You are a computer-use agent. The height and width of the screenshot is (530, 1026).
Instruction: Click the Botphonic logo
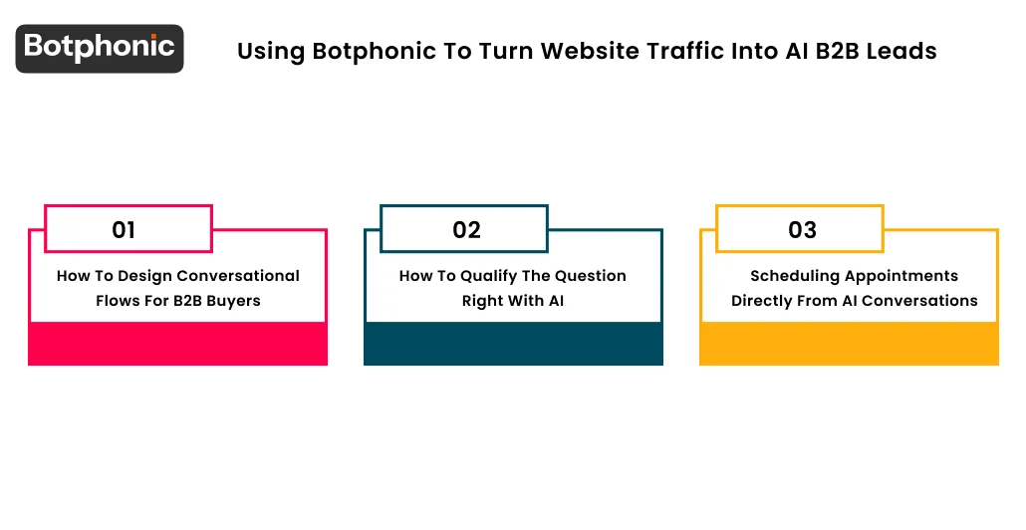click(100, 48)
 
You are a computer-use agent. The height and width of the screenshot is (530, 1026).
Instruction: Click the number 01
click(124, 230)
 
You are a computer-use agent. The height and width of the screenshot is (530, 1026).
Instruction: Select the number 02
click(466, 230)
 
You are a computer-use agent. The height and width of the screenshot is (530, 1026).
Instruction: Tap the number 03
click(802, 230)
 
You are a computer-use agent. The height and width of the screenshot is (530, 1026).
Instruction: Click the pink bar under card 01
click(177, 344)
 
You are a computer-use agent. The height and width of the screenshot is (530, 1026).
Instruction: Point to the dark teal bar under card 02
click(513, 344)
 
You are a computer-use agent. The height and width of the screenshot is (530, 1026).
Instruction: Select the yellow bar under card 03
click(849, 344)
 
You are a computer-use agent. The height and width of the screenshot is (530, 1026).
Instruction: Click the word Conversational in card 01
click(238, 276)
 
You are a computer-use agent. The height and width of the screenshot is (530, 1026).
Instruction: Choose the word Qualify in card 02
click(488, 276)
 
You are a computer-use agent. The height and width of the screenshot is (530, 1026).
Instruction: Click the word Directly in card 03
click(764, 301)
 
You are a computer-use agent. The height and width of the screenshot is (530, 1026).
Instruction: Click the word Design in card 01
click(145, 276)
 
